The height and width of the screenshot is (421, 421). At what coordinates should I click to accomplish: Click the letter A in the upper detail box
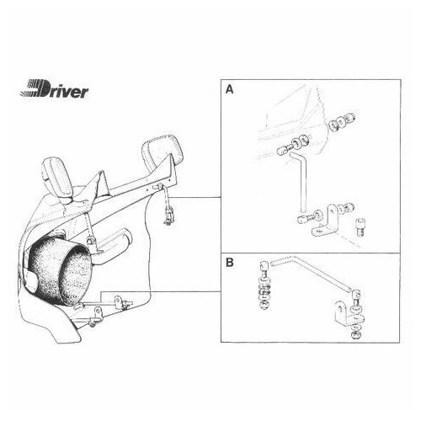[x=230, y=89]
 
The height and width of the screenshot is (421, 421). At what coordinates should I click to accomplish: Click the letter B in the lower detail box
[x=230, y=263]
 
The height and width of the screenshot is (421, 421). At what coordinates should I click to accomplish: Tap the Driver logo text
[x=55, y=88]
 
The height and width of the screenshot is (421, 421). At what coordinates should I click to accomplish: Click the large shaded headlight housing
[x=60, y=270]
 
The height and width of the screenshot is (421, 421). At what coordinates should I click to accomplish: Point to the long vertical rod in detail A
[x=302, y=183]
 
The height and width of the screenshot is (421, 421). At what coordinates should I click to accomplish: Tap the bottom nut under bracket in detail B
[x=356, y=335]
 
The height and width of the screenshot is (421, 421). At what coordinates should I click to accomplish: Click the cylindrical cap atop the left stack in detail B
[x=264, y=265]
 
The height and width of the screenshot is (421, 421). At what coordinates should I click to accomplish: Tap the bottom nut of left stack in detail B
[x=264, y=305]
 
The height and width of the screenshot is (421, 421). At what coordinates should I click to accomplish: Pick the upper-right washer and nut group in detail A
[x=342, y=120]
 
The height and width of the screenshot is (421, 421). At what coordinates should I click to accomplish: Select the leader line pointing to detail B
[x=161, y=292]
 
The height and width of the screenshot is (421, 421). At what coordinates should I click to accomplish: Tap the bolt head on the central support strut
[x=90, y=241]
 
